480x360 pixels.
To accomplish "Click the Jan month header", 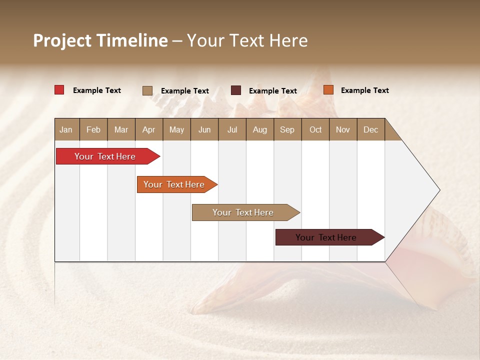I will click(x=66, y=129).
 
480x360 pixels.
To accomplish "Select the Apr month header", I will click(x=148, y=129).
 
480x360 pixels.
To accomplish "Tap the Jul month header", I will click(x=232, y=129).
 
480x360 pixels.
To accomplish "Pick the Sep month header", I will click(x=287, y=129).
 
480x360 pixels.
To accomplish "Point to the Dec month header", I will click(x=370, y=129).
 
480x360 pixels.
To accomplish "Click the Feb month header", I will click(x=93, y=129).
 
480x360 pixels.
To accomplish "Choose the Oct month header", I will click(x=315, y=129).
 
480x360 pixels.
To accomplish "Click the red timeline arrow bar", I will click(x=105, y=156).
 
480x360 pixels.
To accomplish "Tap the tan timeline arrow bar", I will click(x=243, y=212).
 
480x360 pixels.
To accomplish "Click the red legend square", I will click(x=59, y=90).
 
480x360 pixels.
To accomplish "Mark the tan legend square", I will click(x=147, y=90).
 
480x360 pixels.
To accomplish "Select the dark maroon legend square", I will click(x=236, y=90).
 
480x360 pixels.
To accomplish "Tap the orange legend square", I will click(x=328, y=90).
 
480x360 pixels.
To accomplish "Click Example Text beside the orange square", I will click(x=364, y=90).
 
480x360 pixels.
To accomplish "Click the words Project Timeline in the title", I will click(x=100, y=40).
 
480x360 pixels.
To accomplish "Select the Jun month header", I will click(x=204, y=129).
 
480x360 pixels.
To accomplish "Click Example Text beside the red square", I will click(x=97, y=90).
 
